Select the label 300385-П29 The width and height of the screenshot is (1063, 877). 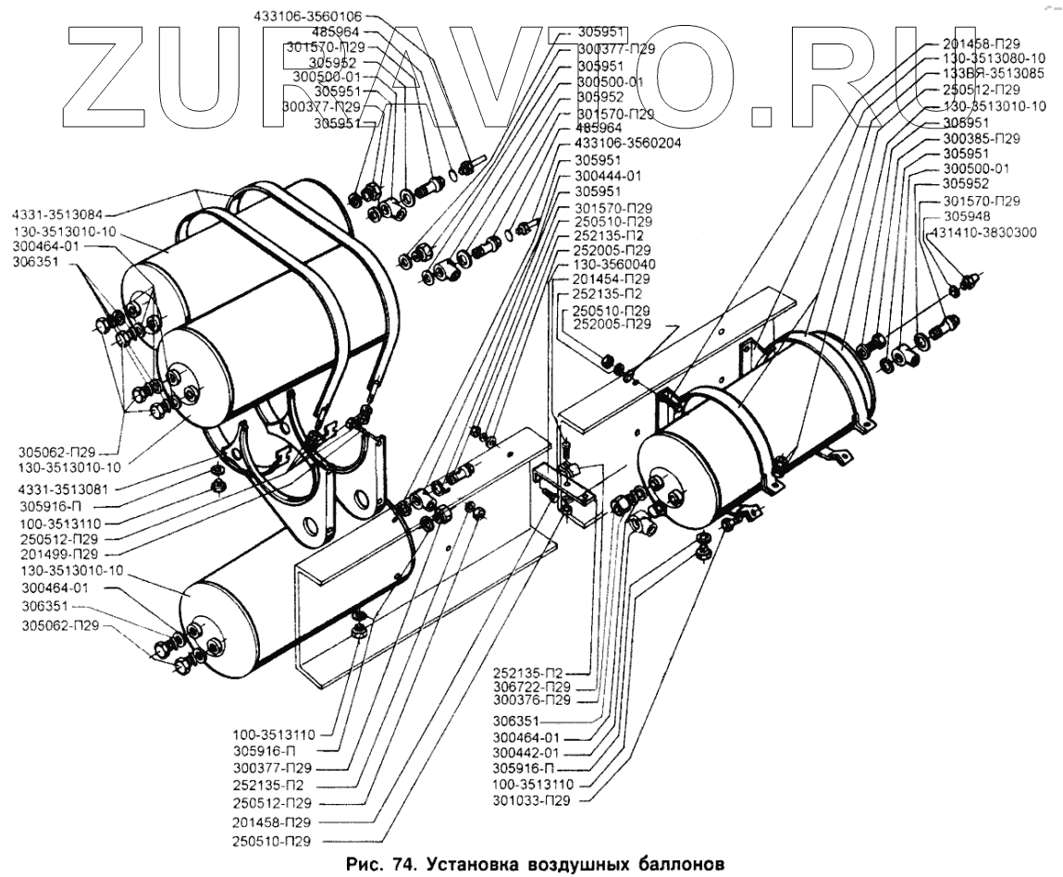pyautogui.click(x=981, y=138)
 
